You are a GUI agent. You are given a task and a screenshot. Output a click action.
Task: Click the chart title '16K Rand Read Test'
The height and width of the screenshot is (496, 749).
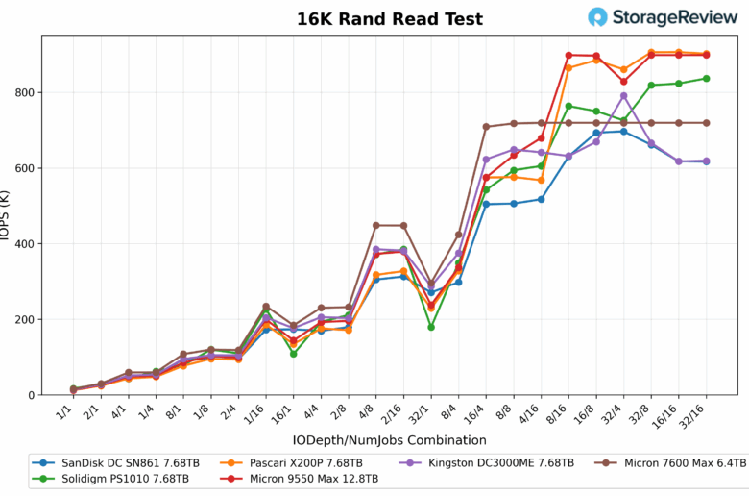389,19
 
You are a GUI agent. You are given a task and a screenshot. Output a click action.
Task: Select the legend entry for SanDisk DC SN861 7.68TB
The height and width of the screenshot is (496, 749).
107,463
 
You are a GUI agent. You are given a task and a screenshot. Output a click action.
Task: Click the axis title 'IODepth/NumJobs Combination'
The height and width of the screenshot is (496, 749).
389,440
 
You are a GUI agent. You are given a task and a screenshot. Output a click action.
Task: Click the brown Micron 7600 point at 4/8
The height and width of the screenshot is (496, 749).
376,225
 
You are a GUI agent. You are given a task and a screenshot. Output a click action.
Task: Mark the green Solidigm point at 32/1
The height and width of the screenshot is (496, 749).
431,327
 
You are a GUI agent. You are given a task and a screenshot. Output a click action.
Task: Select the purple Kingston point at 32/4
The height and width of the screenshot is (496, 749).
623,95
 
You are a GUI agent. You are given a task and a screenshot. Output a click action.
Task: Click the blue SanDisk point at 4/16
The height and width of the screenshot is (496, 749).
542,199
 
